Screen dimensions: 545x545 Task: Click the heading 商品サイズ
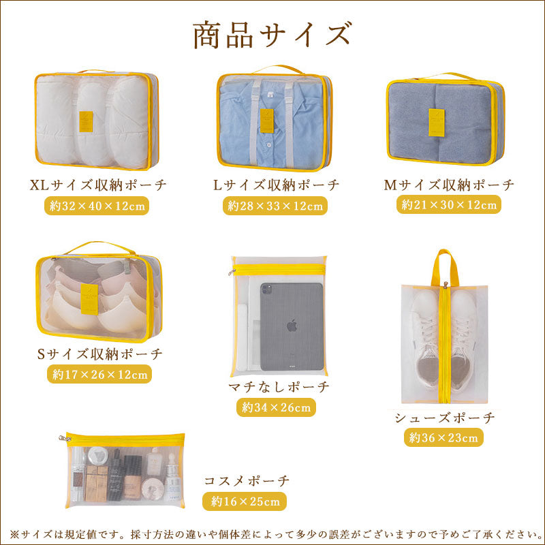[x=272, y=35]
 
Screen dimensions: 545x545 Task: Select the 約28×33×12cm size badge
[x=275, y=205]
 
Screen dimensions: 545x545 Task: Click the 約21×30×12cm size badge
[x=449, y=204]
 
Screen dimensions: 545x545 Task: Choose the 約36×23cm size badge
[x=444, y=437]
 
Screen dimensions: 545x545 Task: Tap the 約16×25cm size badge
[x=245, y=501]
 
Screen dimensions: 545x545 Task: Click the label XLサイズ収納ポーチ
[x=99, y=185]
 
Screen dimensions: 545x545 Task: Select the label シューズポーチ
[x=444, y=418]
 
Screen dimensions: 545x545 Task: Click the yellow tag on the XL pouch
[x=86, y=121]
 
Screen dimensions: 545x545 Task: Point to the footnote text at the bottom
[x=272, y=533]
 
